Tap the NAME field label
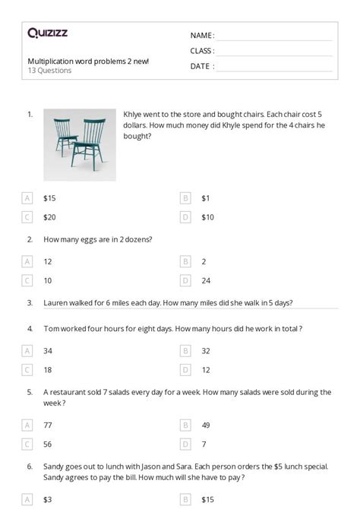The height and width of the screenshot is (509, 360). click(x=202, y=36)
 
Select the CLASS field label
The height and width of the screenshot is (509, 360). click(x=202, y=51)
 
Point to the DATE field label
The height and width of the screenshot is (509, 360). click(x=201, y=66)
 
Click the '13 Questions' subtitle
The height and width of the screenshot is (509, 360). click(x=50, y=71)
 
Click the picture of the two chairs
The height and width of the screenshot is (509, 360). click(x=79, y=144)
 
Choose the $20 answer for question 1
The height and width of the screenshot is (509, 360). click(x=49, y=217)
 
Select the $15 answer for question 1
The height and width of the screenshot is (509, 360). click(x=49, y=198)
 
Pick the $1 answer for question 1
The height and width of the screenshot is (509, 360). click(x=206, y=198)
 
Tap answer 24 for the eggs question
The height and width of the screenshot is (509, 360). click(x=206, y=280)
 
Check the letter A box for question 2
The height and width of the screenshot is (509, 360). click(x=27, y=261)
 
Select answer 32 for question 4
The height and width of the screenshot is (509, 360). click(x=206, y=351)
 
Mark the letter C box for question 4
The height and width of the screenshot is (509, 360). click(x=27, y=370)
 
